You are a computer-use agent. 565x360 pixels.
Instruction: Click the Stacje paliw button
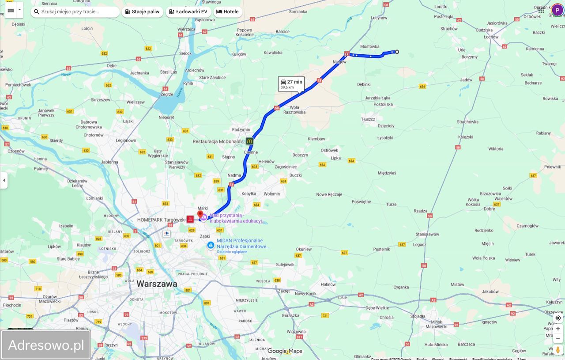click(x=142, y=12)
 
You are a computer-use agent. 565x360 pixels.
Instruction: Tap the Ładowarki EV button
click(x=188, y=12)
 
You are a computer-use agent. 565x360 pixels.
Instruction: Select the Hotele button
click(x=227, y=12)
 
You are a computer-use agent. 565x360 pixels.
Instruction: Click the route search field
click(x=75, y=12)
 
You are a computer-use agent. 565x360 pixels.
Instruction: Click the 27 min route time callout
click(x=291, y=83)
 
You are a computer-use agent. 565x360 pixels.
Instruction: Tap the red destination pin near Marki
click(x=200, y=215)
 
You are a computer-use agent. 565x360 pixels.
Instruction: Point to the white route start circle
click(x=397, y=52)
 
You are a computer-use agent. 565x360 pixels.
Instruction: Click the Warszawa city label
click(x=157, y=284)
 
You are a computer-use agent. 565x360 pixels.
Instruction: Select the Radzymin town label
click(x=241, y=129)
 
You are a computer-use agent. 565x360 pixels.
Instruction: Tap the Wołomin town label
click(x=271, y=194)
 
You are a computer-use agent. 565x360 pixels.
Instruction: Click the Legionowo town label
click(x=126, y=140)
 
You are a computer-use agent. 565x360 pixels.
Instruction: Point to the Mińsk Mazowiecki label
click(x=436, y=324)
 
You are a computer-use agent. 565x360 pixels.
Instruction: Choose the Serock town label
click(x=185, y=53)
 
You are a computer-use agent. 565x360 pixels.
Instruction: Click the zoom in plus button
click(x=558, y=329)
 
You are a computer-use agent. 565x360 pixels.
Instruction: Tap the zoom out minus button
click(x=558, y=338)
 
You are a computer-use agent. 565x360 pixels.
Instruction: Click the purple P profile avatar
click(x=557, y=10)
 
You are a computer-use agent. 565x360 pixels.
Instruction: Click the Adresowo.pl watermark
click(x=46, y=345)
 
